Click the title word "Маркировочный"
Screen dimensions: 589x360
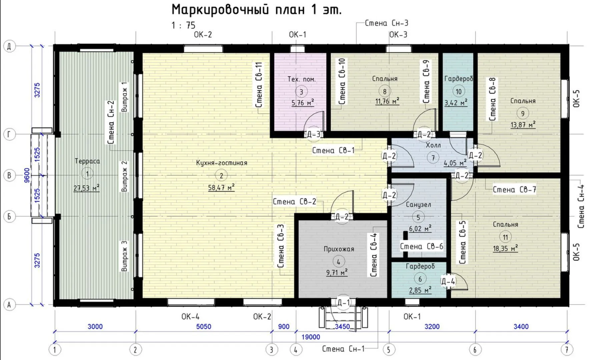(x=220, y=10)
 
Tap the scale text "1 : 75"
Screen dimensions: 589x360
(x=183, y=25)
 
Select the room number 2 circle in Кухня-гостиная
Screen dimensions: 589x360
(x=221, y=175)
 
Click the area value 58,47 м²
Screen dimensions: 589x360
(x=221, y=187)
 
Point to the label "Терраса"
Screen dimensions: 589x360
(x=87, y=161)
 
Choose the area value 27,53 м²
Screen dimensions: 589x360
(x=86, y=188)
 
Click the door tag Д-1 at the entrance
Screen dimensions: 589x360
(x=344, y=303)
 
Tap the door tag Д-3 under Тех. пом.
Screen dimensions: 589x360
(x=314, y=134)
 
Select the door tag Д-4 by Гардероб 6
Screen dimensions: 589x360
(x=448, y=281)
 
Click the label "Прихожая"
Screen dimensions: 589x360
(x=339, y=249)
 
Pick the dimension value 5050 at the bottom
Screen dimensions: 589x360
(x=203, y=326)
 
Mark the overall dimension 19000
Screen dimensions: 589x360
(x=311, y=337)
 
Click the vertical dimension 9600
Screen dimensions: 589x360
(x=27, y=175)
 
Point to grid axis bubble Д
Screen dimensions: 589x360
(x=9, y=46)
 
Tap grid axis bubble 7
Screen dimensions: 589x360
(x=566, y=350)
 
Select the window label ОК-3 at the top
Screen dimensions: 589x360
(x=398, y=35)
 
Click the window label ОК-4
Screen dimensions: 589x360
(x=190, y=316)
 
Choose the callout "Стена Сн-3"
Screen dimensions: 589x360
(x=387, y=23)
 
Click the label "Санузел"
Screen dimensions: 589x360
(x=418, y=205)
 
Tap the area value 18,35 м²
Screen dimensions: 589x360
(x=505, y=248)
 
